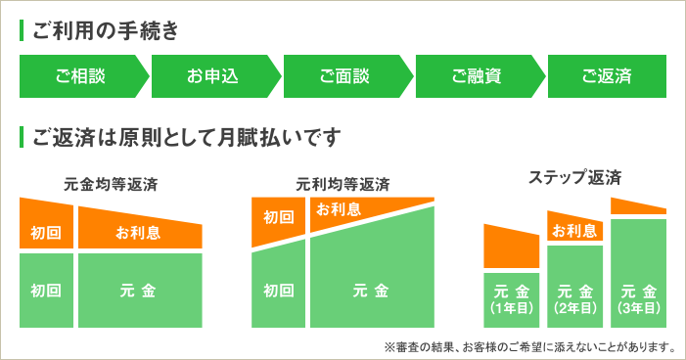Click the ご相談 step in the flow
tap(80, 76)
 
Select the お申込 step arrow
tap(212, 76)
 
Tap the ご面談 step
tap(344, 76)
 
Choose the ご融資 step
tap(477, 76)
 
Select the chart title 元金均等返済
tap(111, 184)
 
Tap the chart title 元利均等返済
tap(343, 184)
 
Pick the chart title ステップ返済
tap(575, 178)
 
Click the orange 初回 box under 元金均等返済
tap(46, 233)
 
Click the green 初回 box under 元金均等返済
tap(46, 291)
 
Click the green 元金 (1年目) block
tap(512, 299)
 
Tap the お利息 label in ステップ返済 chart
tap(574, 231)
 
